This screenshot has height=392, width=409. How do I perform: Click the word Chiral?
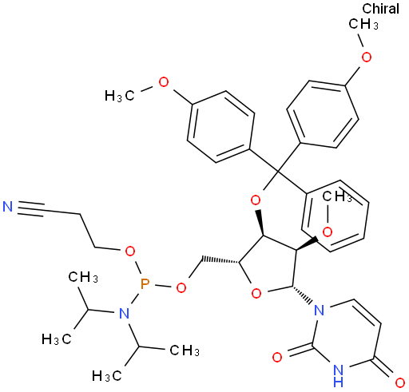[380, 9]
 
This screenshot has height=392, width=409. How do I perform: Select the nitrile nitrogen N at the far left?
[8, 207]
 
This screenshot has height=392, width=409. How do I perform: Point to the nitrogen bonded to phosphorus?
[124, 313]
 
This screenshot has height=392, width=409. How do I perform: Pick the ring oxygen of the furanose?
[256, 294]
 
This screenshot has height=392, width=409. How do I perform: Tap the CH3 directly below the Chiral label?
[363, 25]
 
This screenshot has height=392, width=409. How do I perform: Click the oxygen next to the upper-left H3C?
[164, 82]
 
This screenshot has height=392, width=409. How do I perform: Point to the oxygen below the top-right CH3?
[367, 57]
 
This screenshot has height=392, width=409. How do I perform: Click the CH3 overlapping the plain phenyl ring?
[337, 196]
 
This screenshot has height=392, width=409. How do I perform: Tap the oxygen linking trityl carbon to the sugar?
[256, 200]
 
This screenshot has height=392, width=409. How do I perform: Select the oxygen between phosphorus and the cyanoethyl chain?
[129, 251]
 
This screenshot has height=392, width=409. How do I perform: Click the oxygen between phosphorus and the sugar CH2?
[181, 287]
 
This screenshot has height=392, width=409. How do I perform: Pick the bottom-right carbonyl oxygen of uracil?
[399, 383]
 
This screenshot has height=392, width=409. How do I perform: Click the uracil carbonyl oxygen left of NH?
[277, 358]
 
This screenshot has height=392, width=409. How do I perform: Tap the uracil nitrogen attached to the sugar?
[320, 310]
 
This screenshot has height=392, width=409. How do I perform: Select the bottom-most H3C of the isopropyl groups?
[107, 376]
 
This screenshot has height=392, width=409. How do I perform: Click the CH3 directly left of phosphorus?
[83, 277]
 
